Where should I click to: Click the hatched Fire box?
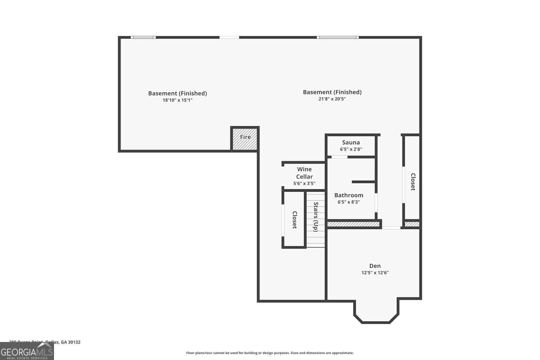(245, 139)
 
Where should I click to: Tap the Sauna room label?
(351, 142)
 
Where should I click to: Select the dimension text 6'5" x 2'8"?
(351, 149)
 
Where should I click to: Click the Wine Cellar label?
(305, 173)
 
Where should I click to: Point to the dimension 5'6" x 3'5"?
(305, 183)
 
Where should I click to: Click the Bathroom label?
(348, 195)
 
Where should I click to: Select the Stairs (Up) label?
(316, 217)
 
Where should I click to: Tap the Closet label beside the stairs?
(294, 220)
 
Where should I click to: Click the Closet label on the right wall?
(413, 182)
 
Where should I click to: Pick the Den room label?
(375, 266)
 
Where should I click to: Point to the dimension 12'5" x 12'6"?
(375, 273)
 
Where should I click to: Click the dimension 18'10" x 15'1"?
(177, 100)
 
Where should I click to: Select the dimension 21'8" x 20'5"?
(332, 99)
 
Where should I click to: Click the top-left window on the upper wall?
(143, 37)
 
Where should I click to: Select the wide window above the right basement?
(337, 37)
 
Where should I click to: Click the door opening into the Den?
(391, 228)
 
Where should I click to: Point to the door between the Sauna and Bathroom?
(339, 157)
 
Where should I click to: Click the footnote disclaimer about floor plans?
(270, 353)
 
